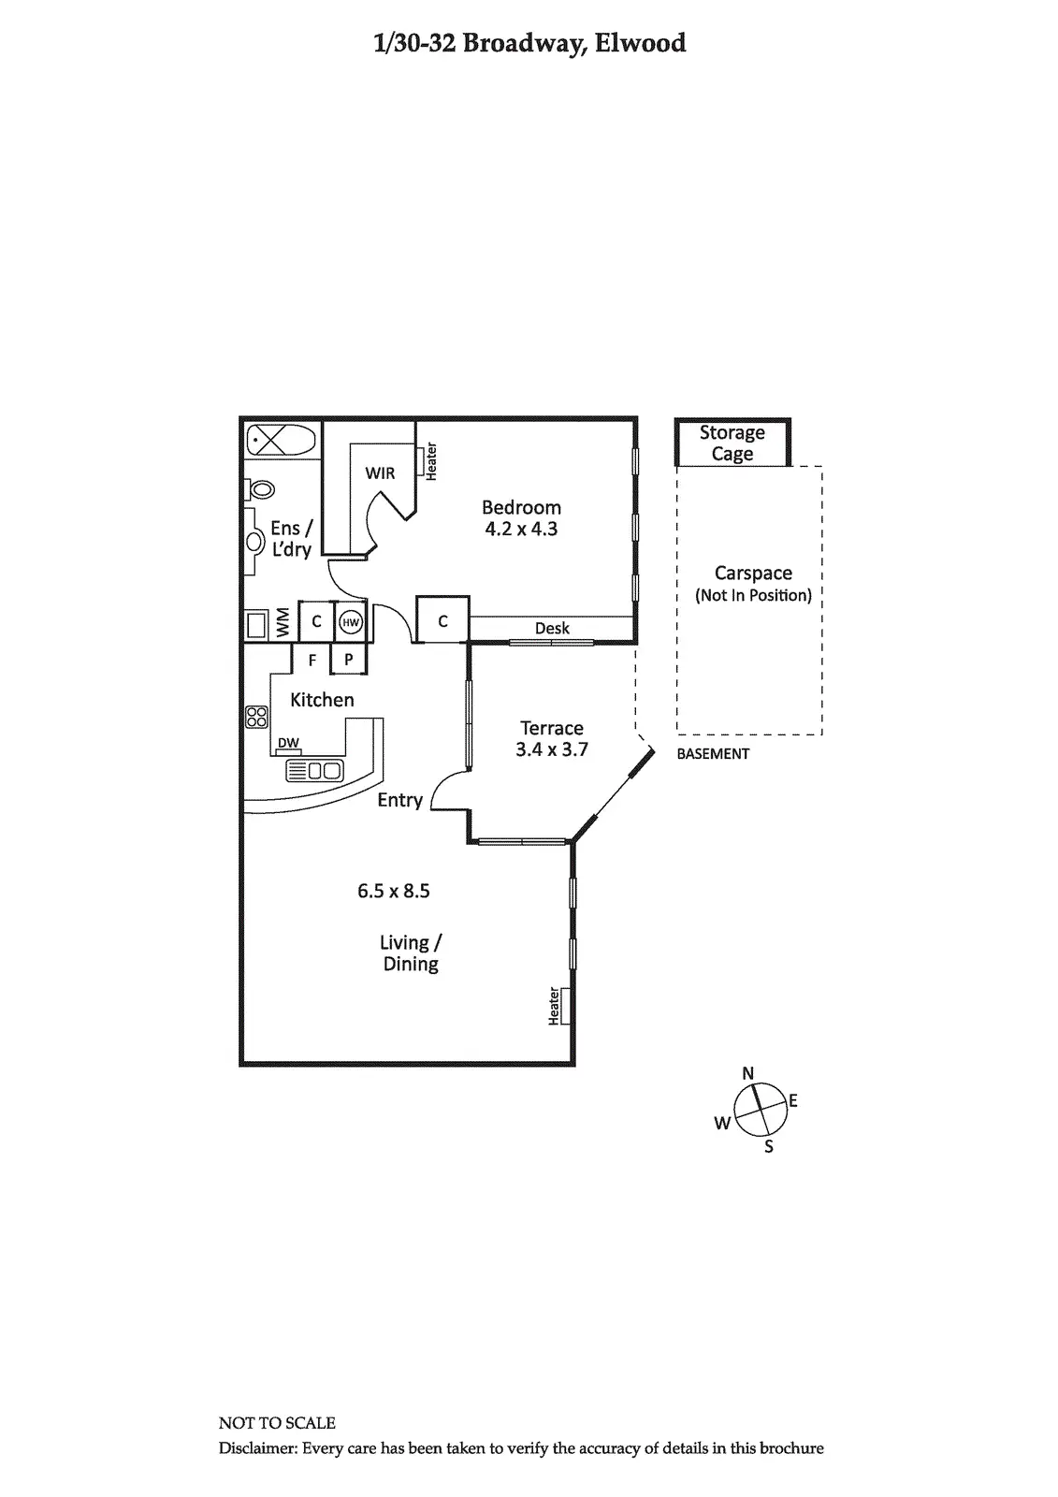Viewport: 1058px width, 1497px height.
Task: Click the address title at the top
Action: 529,43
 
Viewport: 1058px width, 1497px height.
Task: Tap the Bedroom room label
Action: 521,508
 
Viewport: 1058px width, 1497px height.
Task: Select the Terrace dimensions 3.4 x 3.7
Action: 552,749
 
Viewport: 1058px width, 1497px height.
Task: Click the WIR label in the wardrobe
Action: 380,473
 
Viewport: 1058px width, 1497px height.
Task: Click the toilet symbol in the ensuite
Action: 261,488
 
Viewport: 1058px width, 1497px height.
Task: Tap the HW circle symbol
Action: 351,622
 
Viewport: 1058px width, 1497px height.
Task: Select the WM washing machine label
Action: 283,623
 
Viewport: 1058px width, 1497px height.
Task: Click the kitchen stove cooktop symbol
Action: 256,718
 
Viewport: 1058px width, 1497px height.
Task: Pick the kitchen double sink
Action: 314,770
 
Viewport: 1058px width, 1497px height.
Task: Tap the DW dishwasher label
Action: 288,744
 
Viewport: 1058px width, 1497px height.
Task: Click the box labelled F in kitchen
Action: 312,660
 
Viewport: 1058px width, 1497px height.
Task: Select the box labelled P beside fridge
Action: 348,660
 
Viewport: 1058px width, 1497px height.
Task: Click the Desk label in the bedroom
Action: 552,629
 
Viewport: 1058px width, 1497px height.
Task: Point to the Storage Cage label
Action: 732,443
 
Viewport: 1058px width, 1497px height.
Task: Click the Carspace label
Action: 753,574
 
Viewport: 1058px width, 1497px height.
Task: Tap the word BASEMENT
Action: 713,753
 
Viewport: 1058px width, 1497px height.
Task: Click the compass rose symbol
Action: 759,1110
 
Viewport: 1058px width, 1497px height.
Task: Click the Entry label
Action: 400,800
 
